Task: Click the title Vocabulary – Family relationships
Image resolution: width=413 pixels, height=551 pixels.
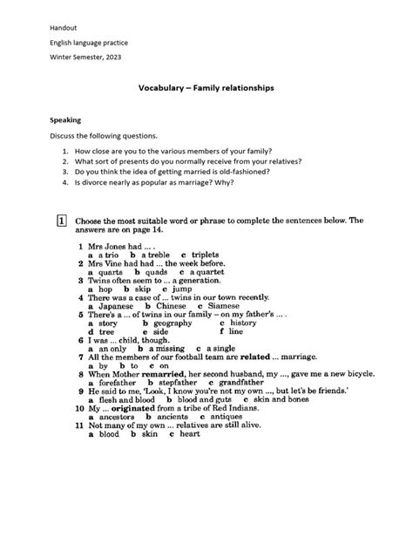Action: (x=206, y=88)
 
